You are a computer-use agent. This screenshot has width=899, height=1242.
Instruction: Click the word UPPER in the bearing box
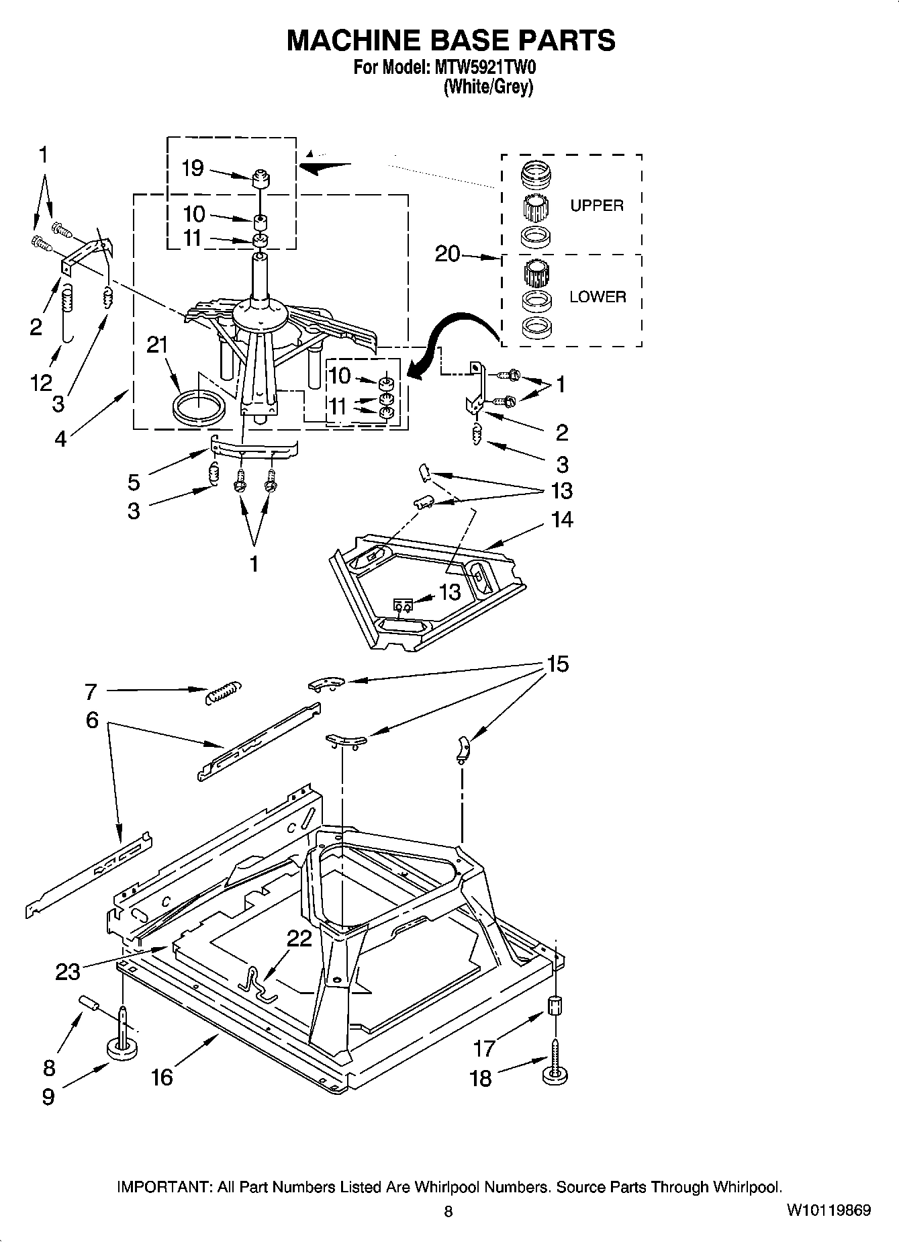pos(596,206)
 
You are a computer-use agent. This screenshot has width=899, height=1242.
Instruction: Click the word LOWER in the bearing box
pos(597,297)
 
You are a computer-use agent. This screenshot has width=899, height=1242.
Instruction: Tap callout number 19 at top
pos(193,168)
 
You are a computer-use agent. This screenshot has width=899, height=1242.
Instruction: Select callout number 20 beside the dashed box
pos(447,254)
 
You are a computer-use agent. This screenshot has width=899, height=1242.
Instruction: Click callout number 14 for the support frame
pos(563,519)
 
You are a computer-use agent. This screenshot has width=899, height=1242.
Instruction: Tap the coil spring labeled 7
pos(223,691)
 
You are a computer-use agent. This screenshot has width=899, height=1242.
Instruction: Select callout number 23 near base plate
pos(68,971)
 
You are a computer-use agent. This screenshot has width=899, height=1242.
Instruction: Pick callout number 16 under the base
pos(162,1077)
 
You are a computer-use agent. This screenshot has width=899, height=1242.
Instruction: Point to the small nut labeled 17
pos(555,1006)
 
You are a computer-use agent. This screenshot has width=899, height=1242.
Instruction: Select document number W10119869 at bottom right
pos(829,1210)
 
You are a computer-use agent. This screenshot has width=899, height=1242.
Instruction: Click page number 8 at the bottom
pos(448,1212)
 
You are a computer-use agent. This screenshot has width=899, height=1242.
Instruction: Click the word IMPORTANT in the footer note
pos(164,1187)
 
